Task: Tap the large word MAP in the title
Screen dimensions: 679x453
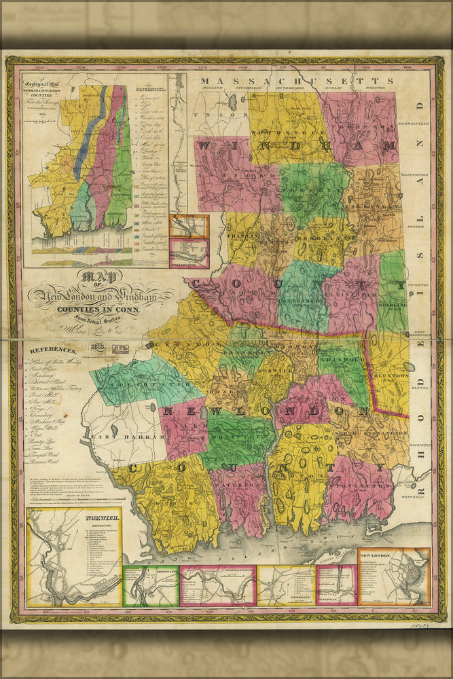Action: [x=100, y=278]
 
